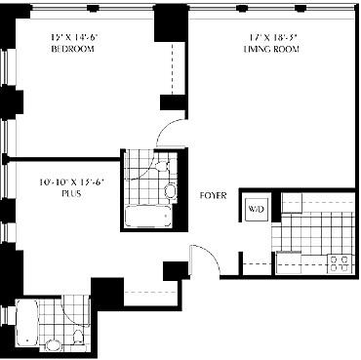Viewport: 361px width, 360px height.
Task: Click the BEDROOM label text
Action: point(73,47)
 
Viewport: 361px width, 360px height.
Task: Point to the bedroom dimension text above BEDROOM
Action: point(73,36)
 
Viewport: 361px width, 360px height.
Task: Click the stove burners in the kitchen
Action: point(341,261)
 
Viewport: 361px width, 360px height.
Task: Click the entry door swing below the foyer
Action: point(199,261)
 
